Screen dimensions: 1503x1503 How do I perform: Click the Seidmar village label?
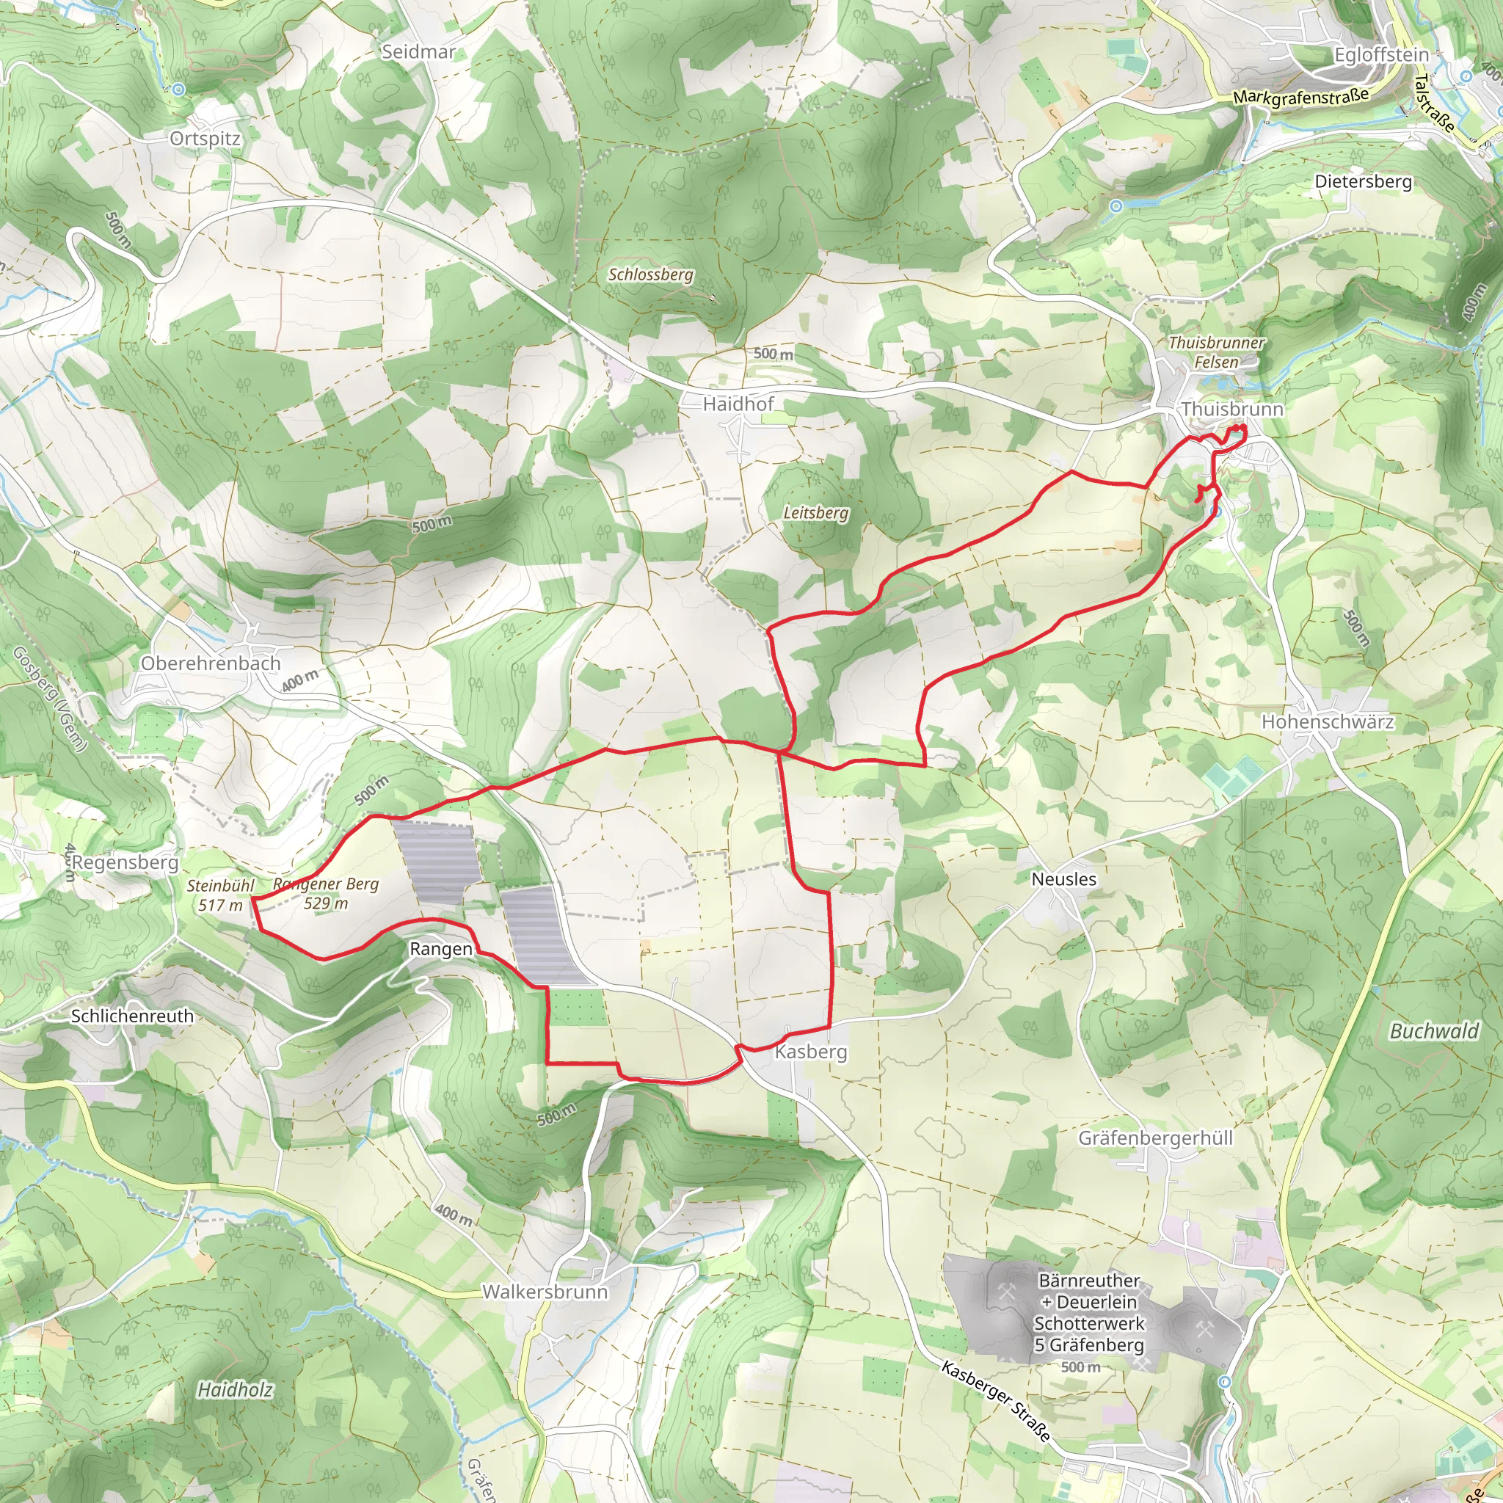[x=418, y=52]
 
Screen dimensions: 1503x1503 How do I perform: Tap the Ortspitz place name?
[x=205, y=139]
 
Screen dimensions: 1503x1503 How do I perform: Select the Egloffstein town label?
[x=1382, y=55]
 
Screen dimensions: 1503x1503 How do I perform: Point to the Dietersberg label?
[x=1363, y=181]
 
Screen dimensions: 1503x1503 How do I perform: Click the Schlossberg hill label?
[x=650, y=274]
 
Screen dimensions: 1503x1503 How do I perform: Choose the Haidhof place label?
[x=738, y=404]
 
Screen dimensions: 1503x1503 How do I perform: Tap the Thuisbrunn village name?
[x=1232, y=410]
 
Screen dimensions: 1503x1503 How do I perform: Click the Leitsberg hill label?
[x=815, y=513]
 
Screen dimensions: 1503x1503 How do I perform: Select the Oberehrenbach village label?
[x=210, y=663]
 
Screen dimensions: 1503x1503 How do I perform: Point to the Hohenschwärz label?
[x=1327, y=722]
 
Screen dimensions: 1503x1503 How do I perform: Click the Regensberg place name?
[x=125, y=863]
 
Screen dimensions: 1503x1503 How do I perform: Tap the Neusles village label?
[x=1063, y=879]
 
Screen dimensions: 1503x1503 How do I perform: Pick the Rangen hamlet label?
[x=441, y=949]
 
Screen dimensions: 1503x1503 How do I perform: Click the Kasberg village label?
[x=811, y=1052]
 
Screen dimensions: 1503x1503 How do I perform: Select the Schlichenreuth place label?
[x=132, y=1016]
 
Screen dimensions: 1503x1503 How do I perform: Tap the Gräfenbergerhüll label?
[x=1155, y=1138]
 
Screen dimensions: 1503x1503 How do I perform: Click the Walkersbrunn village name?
[x=545, y=1292]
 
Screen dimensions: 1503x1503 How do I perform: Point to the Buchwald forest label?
[x=1434, y=1032]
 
